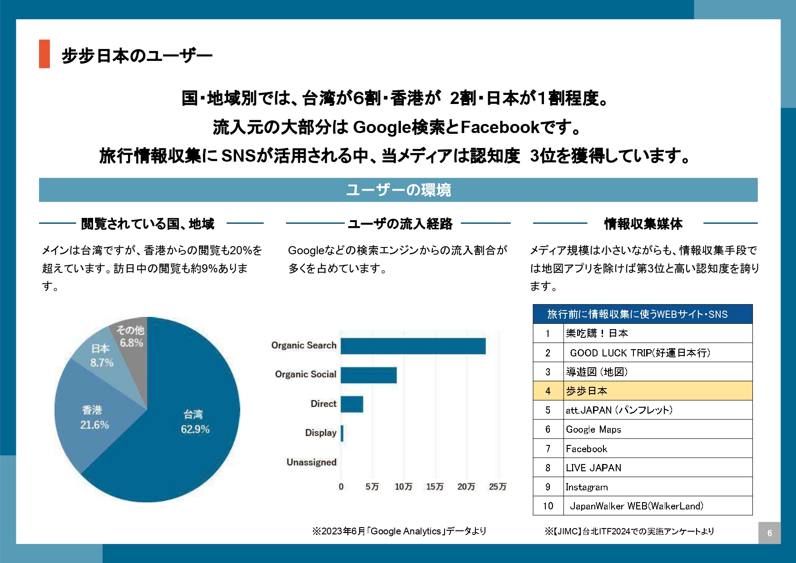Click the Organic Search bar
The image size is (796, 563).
(x=413, y=346)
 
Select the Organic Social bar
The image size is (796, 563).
(x=368, y=375)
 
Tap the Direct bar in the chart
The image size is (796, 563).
(x=351, y=404)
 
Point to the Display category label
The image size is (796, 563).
(x=321, y=433)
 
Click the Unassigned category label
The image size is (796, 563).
(x=311, y=462)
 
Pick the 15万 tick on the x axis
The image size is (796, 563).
(x=435, y=487)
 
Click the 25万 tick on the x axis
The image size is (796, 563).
(x=497, y=487)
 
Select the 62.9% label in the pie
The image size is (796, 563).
(x=195, y=430)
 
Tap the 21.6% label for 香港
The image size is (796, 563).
(x=94, y=425)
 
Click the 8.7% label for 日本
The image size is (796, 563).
(x=102, y=363)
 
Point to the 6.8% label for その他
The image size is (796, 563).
(x=131, y=343)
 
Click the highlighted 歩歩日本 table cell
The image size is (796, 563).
(x=658, y=391)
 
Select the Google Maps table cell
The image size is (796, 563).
(x=658, y=430)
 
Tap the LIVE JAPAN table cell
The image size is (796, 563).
(x=658, y=468)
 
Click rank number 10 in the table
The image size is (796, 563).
(x=548, y=506)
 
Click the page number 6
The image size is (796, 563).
(x=769, y=533)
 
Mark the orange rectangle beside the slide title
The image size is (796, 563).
(x=44, y=54)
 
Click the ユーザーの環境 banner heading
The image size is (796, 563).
(x=398, y=190)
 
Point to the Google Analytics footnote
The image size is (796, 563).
(x=399, y=531)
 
